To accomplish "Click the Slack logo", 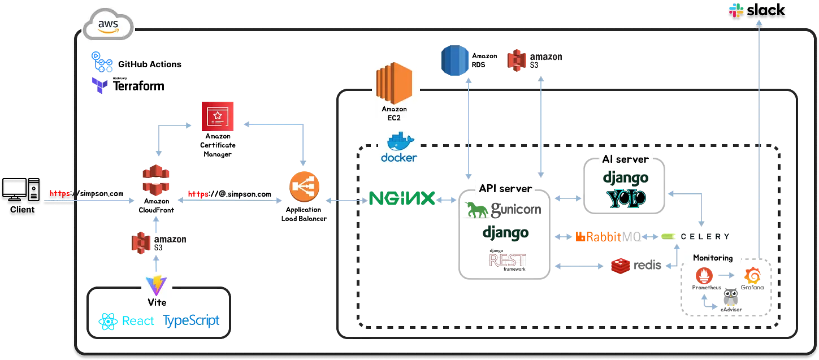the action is (x=757, y=10).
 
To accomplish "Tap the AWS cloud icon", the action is (x=108, y=24).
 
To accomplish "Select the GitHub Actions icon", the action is (x=102, y=62).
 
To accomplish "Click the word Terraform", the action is (x=138, y=86).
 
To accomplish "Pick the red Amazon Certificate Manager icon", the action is (x=218, y=116).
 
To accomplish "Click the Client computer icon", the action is (x=21, y=189).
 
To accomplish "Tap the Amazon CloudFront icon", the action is (x=156, y=180).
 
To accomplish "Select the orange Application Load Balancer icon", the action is (x=304, y=186).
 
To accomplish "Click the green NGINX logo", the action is (x=402, y=198).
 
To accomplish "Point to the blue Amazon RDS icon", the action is (x=455, y=60).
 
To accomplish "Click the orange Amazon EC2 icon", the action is (x=394, y=83).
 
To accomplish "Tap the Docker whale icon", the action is (x=400, y=141).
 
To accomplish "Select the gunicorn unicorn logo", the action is (x=476, y=210).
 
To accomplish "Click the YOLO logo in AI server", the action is (x=626, y=199).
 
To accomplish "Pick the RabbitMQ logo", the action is (x=608, y=237).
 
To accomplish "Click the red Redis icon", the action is (x=621, y=266).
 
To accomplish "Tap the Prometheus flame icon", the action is (x=704, y=276).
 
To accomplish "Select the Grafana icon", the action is (x=753, y=276).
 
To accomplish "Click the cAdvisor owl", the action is (x=730, y=297).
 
